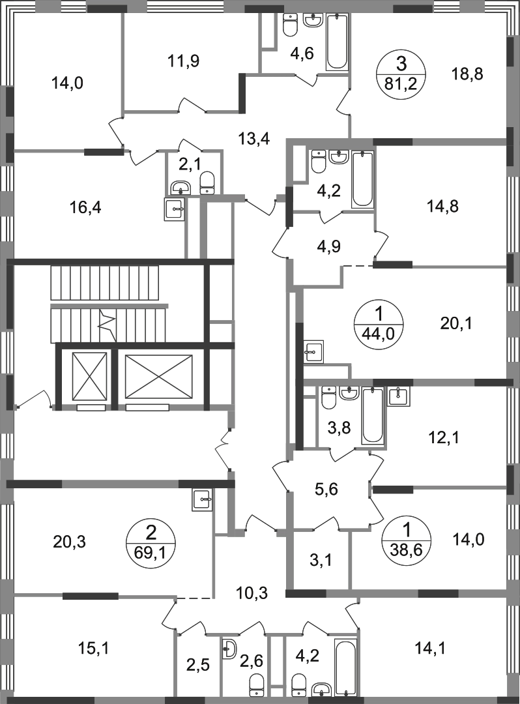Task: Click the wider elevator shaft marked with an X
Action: coord(160,377)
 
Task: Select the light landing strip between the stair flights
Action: coord(109,306)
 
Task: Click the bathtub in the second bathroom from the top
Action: coord(363,180)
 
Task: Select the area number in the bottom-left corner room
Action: coord(93,649)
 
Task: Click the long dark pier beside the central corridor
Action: coord(299,385)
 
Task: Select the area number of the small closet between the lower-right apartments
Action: coord(321,559)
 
